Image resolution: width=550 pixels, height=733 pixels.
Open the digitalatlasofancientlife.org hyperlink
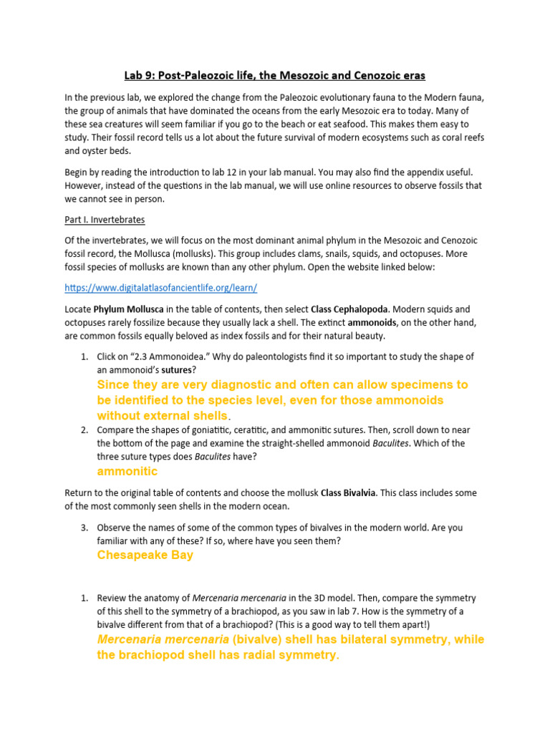point(160,287)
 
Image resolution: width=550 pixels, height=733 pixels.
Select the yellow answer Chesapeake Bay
point(145,555)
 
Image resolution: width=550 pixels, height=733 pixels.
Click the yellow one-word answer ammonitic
point(127,472)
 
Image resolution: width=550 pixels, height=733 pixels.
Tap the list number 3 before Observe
point(83,528)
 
